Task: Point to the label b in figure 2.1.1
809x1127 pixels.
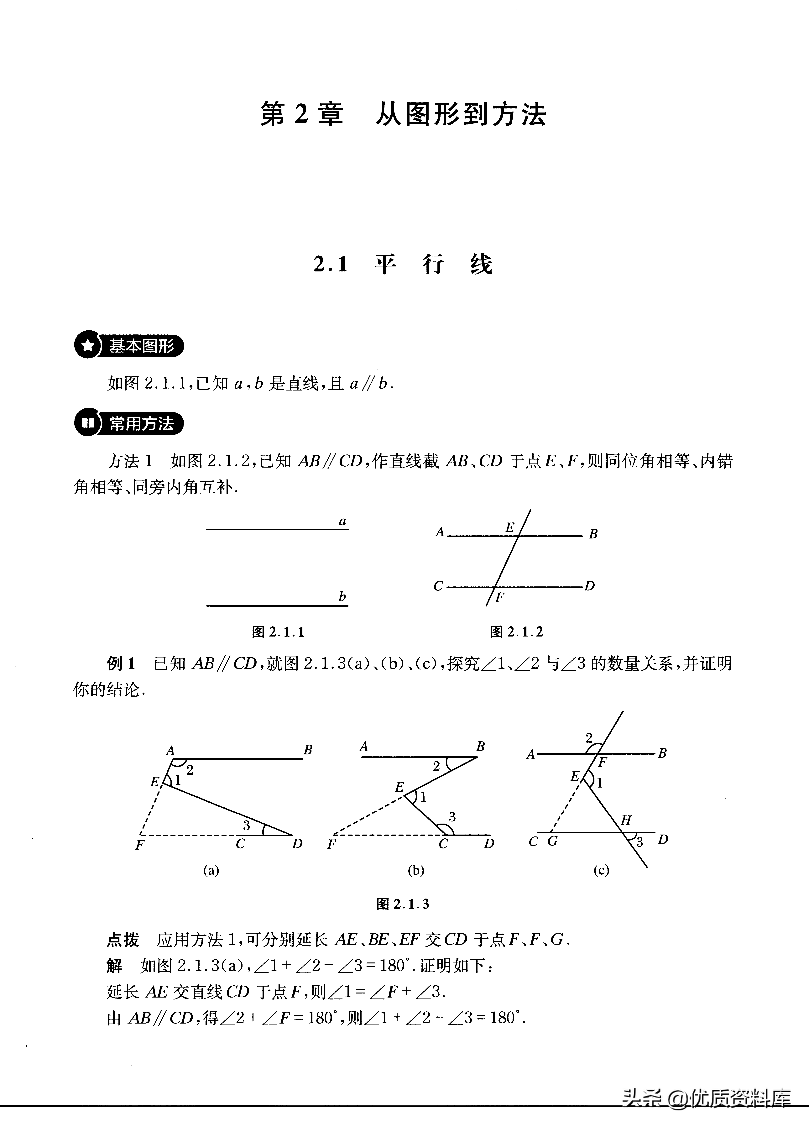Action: [342, 596]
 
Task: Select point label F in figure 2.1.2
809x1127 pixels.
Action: [499, 598]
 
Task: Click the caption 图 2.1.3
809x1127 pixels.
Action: [403, 904]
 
